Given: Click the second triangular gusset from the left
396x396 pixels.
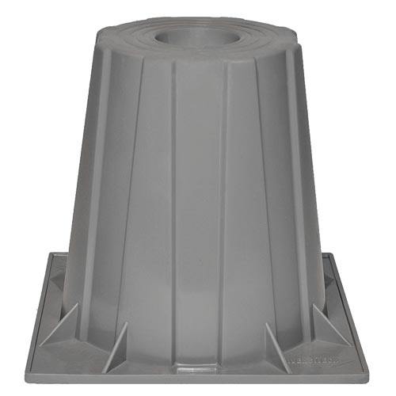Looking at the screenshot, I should (119, 348).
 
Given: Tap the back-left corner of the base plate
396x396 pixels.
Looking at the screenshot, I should (52, 255).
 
